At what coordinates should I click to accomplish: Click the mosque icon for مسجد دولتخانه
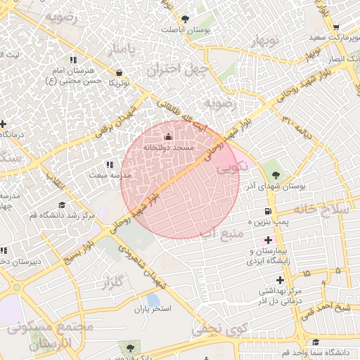point(167,136)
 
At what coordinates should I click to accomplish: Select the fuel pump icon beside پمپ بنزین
point(267,211)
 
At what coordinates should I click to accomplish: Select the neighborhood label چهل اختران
point(174,70)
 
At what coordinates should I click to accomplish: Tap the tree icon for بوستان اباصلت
point(185,19)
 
